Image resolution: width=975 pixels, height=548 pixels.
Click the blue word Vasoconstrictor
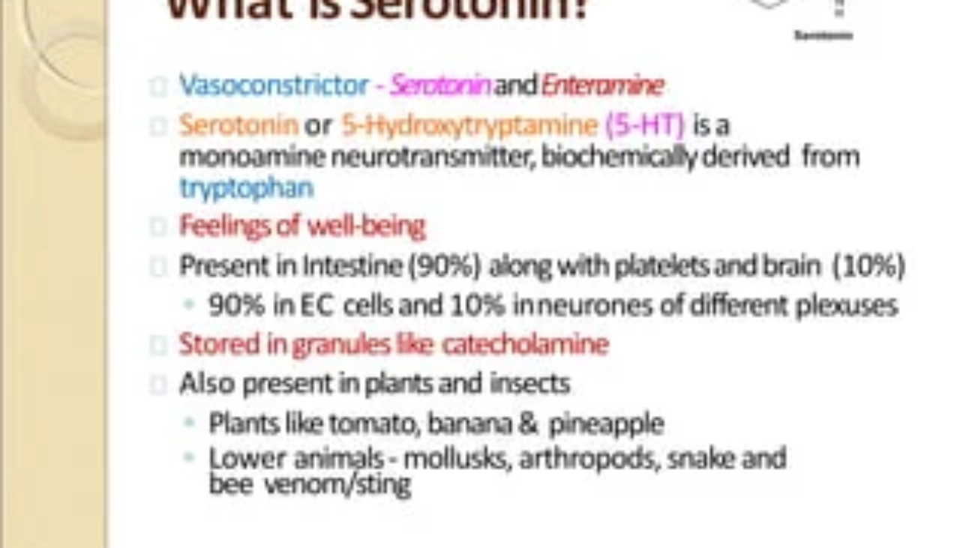click(x=274, y=85)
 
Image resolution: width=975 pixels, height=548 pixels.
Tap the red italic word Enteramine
click(x=602, y=85)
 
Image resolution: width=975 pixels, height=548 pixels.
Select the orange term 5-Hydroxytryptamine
click(x=469, y=125)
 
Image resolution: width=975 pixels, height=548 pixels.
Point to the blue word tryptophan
click(x=246, y=187)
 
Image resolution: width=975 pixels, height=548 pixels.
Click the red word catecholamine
click(x=525, y=345)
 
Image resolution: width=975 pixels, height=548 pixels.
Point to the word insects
click(x=530, y=384)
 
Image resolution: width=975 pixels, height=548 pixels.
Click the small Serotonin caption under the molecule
click(x=823, y=35)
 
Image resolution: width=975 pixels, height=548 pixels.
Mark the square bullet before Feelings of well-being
click(x=157, y=226)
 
